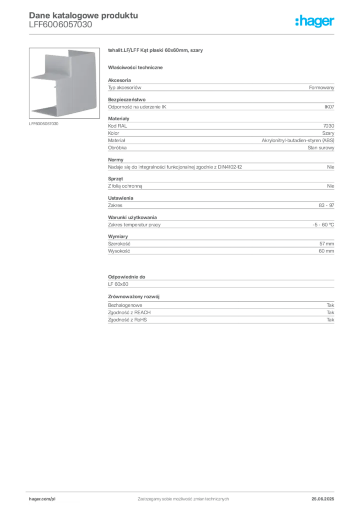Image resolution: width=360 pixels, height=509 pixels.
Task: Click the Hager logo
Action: point(315,21)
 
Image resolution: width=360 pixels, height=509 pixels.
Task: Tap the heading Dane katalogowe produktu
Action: point(84,15)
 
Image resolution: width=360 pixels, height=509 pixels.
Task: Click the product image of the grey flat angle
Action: point(64,83)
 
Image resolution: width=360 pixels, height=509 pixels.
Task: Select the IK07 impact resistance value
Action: point(329,107)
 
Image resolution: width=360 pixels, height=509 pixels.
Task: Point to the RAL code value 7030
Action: point(329,126)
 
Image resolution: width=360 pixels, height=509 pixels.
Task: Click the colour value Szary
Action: point(328,133)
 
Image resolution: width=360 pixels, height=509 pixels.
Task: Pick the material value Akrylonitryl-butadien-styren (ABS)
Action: point(298,140)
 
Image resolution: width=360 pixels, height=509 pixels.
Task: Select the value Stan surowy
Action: point(321,148)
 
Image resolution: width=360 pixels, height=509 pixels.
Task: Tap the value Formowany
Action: point(321,87)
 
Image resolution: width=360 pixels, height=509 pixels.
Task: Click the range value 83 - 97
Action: point(326,205)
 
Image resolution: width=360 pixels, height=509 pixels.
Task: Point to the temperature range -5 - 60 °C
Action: point(323,225)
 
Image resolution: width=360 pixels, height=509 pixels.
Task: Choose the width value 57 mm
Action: point(327,244)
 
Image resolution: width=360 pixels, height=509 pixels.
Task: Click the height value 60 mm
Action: point(326,251)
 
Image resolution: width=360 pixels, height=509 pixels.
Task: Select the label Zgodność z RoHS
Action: point(127,320)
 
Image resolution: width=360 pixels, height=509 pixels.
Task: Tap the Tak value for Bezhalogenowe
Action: point(331,305)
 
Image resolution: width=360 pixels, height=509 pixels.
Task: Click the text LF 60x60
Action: point(118,284)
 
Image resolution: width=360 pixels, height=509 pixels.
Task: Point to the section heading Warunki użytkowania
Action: point(132,218)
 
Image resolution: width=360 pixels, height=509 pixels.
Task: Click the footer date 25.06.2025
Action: point(323,499)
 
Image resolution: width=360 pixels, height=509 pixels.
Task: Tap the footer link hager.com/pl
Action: point(42,499)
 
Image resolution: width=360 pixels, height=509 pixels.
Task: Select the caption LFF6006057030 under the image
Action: point(43,124)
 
